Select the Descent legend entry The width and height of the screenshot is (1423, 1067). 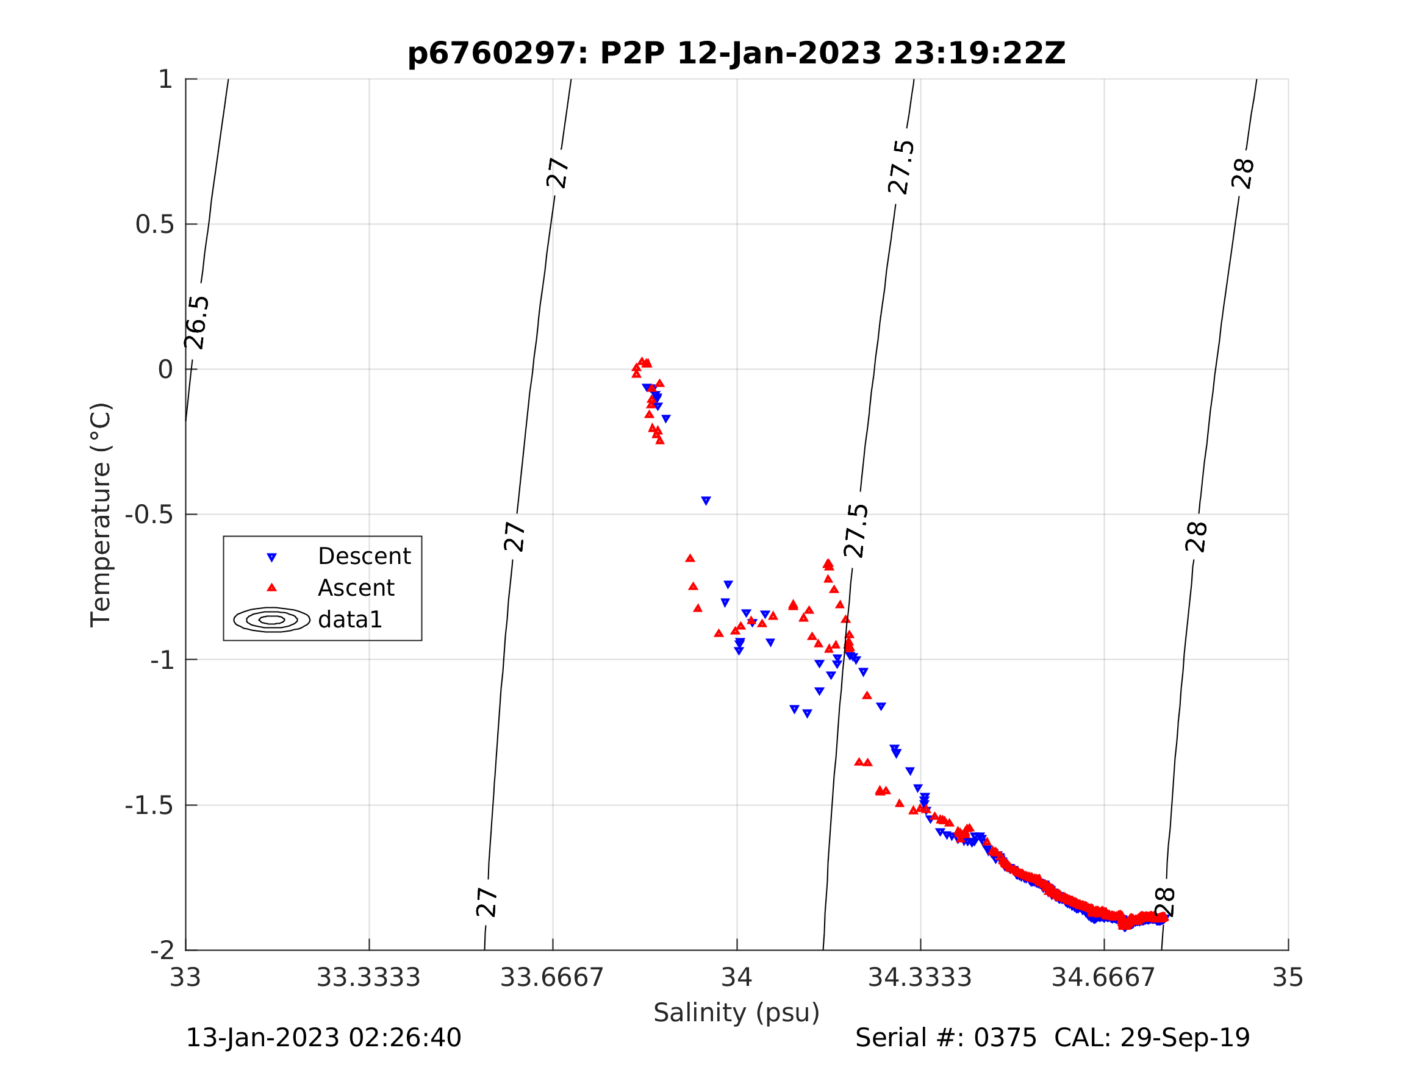coord(364,556)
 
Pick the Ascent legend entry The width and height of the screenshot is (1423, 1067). coord(356,588)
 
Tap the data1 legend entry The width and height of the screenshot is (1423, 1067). coord(350,620)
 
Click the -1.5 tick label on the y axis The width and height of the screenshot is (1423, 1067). coord(149,806)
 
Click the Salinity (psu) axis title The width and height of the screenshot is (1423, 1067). coord(737,1013)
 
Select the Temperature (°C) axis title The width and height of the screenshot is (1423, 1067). coord(101,515)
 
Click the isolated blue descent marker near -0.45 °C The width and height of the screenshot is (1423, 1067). coord(706,501)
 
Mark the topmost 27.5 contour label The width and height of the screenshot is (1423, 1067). coord(901,167)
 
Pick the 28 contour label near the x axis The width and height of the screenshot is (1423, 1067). coord(1165,902)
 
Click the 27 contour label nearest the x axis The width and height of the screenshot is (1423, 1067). coord(487,902)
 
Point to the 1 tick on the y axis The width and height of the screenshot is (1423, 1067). coord(165,80)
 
